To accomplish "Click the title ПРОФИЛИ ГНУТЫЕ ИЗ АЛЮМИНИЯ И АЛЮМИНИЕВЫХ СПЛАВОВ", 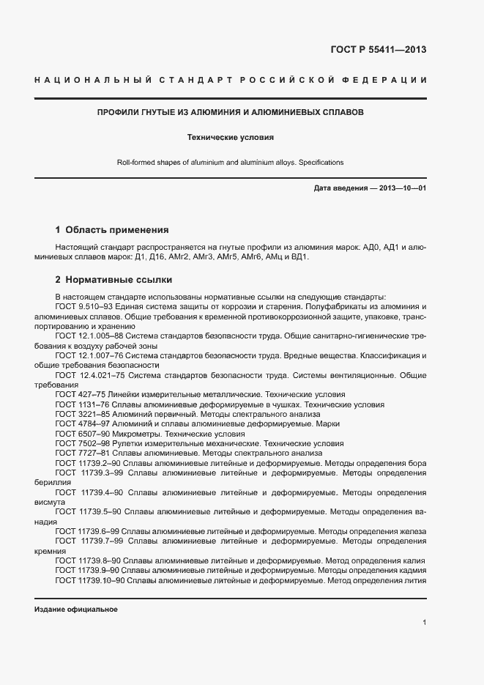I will tap(231, 114).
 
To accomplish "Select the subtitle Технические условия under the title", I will tap(231, 137).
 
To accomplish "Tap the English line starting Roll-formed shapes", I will tap(231, 162).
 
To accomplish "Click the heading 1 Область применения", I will tap(112, 229).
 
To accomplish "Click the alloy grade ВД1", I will tap(300, 257).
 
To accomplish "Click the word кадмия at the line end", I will tap(411, 570).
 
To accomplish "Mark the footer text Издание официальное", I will tap(75, 610).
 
